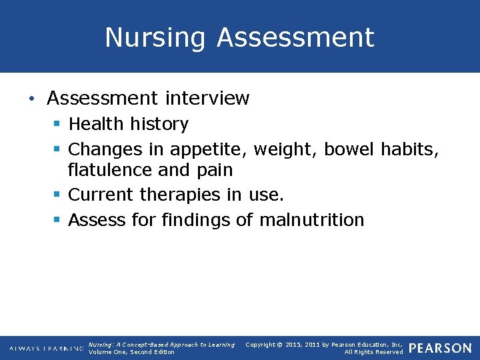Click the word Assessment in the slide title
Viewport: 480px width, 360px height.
tap(295, 37)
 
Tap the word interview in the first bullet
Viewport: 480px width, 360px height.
tap(207, 99)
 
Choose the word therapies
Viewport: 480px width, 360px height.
tap(180, 195)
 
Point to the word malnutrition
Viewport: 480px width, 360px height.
tap(312, 219)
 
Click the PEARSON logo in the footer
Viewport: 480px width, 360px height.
tap(439, 348)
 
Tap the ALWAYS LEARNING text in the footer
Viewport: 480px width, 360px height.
tap(45, 349)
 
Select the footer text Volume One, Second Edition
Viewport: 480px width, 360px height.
tap(131, 352)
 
